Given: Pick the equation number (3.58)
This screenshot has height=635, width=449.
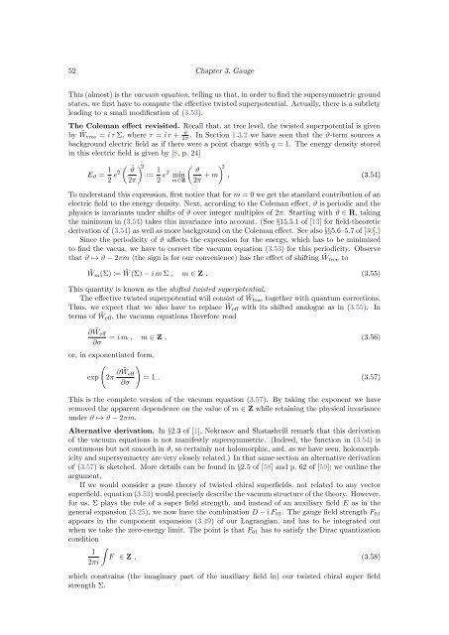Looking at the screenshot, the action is coord(393,573).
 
